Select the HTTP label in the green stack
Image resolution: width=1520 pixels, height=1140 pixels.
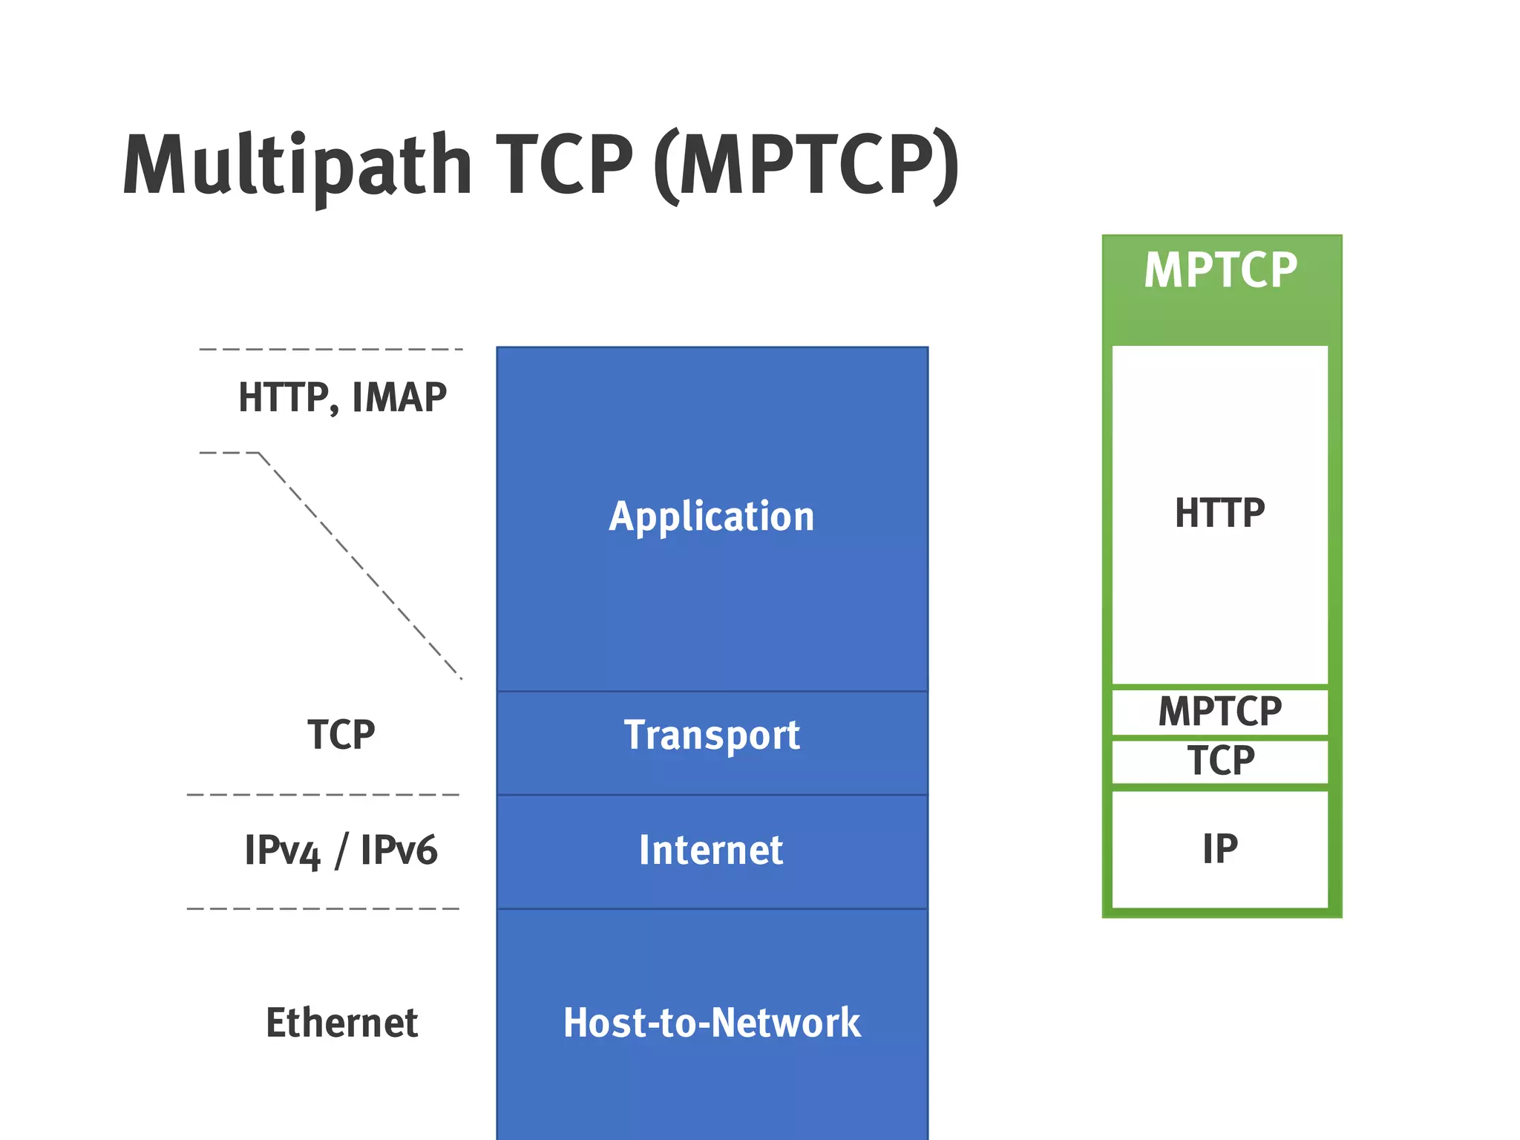tap(1219, 513)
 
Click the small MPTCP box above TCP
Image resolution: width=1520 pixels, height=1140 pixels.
tap(1219, 711)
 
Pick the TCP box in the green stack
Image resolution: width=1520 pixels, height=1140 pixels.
tap(1220, 761)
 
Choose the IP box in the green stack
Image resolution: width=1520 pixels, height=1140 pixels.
tap(1219, 849)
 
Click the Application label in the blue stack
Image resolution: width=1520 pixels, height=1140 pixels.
tap(711, 517)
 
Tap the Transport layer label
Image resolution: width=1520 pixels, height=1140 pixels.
tap(711, 736)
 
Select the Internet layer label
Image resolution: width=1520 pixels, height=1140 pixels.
tap(710, 851)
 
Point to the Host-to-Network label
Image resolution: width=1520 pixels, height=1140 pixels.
tap(711, 1023)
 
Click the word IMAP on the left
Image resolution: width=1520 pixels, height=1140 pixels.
tap(399, 397)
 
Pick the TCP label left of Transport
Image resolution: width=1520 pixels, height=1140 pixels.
tap(341, 735)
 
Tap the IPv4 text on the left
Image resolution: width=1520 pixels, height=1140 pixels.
tap(282, 851)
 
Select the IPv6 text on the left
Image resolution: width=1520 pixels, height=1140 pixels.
tap(399, 851)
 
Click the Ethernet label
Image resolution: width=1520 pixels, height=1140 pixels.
tap(341, 1023)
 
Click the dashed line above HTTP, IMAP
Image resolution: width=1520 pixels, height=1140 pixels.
tap(330, 349)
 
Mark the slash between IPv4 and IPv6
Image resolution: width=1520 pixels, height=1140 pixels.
tap(341, 851)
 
